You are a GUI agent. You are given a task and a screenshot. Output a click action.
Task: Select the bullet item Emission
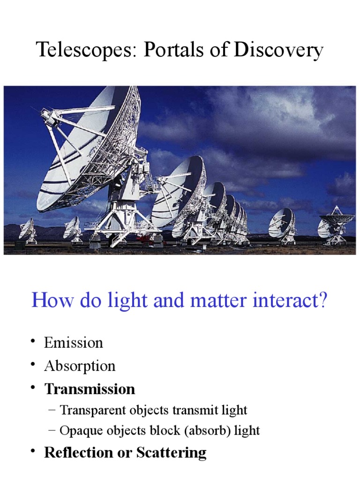point(73,343)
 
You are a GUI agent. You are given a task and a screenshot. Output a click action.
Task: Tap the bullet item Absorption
point(80,366)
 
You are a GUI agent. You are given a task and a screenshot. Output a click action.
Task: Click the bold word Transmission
point(90,389)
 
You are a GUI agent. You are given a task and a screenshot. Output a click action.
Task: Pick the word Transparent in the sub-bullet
point(90,411)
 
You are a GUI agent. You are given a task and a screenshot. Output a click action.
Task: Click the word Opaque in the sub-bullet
point(79,431)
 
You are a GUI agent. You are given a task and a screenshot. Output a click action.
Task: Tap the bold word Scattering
point(171,453)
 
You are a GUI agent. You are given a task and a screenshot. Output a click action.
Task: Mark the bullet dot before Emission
point(34,342)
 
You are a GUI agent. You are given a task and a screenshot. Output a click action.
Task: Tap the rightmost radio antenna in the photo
point(337,225)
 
